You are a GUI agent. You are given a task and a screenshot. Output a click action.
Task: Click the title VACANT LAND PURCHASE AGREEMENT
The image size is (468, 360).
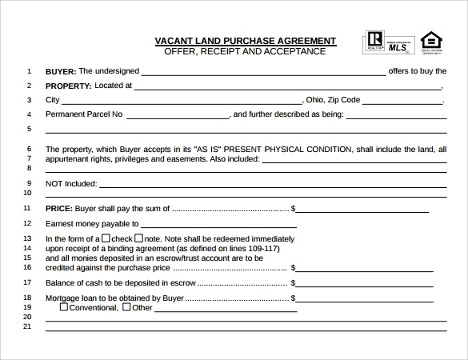click(245, 41)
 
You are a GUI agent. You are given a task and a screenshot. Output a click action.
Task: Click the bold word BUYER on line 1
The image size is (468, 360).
click(61, 70)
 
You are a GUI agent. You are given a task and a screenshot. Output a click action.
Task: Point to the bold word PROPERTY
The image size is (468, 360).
click(68, 86)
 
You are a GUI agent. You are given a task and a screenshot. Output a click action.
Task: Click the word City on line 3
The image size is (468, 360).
click(53, 100)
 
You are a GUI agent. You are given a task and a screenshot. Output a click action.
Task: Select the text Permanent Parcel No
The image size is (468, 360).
click(84, 114)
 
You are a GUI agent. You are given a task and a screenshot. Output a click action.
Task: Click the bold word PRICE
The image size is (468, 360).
click(59, 208)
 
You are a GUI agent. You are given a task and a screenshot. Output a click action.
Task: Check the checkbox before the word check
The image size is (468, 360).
click(106, 238)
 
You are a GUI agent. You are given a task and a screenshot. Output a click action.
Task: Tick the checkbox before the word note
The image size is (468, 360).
click(138, 238)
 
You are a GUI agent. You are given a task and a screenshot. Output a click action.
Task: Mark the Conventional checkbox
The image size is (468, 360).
click(65, 306)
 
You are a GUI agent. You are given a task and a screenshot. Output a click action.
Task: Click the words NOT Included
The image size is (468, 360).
click(71, 183)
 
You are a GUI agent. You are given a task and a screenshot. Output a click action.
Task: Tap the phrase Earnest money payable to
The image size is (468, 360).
click(92, 224)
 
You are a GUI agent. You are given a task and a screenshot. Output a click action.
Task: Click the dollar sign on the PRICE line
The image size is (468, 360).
click(294, 209)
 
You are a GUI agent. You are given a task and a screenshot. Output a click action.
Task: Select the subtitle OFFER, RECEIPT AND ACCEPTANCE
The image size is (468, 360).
click(245, 51)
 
